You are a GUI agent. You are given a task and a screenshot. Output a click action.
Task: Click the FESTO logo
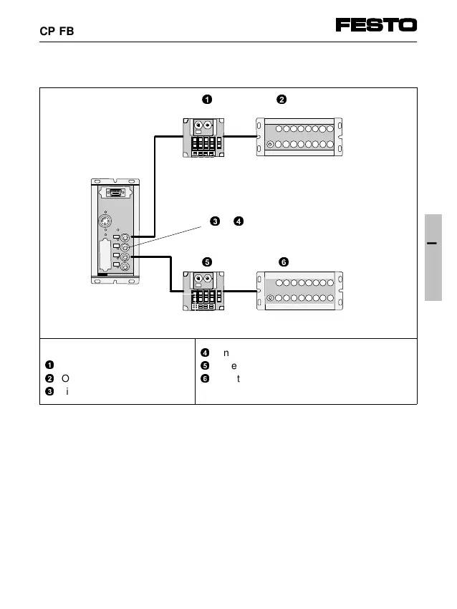[x=376, y=25]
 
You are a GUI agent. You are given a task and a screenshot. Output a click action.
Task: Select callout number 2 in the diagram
[x=282, y=99]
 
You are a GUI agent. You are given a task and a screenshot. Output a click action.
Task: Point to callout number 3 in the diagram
[x=214, y=221]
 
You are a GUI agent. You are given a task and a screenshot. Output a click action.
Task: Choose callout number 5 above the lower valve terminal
[x=207, y=262]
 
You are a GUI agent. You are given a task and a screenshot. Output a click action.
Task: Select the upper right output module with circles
[x=299, y=136]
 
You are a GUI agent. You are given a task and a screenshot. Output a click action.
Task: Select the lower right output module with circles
[x=299, y=290]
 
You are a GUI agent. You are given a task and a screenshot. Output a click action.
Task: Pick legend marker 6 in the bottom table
[x=204, y=377]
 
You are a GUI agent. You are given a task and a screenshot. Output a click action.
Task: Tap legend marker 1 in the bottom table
[x=49, y=365]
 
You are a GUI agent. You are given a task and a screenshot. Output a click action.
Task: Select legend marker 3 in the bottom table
[x=49, y=390]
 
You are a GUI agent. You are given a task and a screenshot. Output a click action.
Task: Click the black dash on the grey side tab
[x=433, y=244]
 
